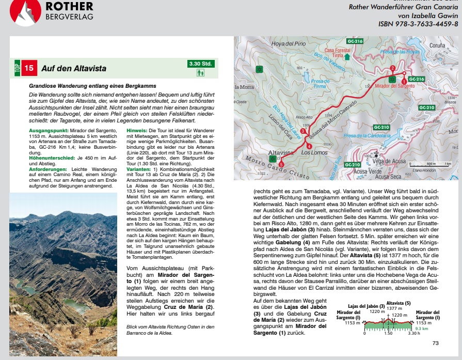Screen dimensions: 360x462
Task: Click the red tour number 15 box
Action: coord(29,68)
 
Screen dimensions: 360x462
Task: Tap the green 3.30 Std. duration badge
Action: coord(201,64)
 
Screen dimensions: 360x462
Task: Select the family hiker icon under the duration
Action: coord(201,73)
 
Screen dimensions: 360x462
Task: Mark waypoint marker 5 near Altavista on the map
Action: coord(281,165)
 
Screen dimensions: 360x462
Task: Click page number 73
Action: coord(435,342)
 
